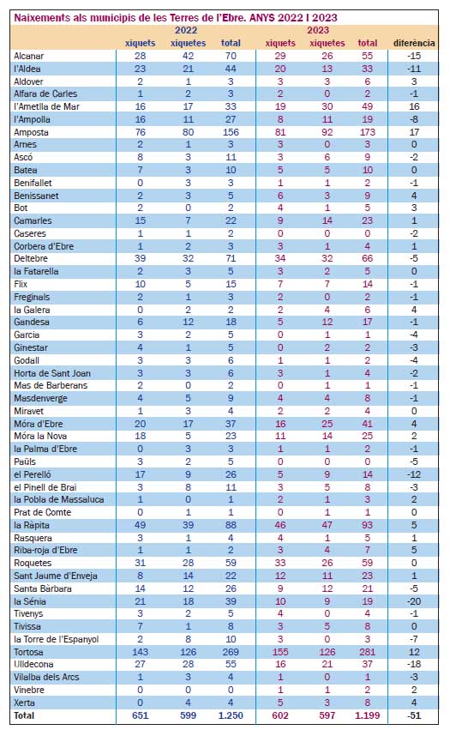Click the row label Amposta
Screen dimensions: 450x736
(x=31, y=132)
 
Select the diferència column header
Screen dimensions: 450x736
(x=414, y=43)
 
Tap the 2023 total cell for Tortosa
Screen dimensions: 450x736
(x=367, y=652)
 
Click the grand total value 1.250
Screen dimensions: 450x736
(x=231, y=715)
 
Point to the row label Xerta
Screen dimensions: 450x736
(x=24, y=703)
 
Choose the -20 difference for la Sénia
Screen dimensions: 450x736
(x=413, y=601)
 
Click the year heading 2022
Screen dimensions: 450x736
(x=186, y=31)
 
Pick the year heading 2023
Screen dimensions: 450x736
(x=318, y=31)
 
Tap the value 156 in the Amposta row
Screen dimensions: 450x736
(x=231, y=132)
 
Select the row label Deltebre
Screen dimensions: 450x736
(x=31, y=258)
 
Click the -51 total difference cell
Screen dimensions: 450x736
(x=413, y=715)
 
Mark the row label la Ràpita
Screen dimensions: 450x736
(x=32, y=525)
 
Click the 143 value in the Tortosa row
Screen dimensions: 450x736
(x=140, y=652)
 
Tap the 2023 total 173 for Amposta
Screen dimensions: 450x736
(x=367, y=132)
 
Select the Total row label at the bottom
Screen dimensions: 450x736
(x=24, y=715)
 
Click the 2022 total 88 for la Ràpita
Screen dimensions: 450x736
(x=231, y=525)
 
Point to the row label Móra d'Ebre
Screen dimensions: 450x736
(x=38, y=424)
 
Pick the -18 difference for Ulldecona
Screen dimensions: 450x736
(x=413, y=664)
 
